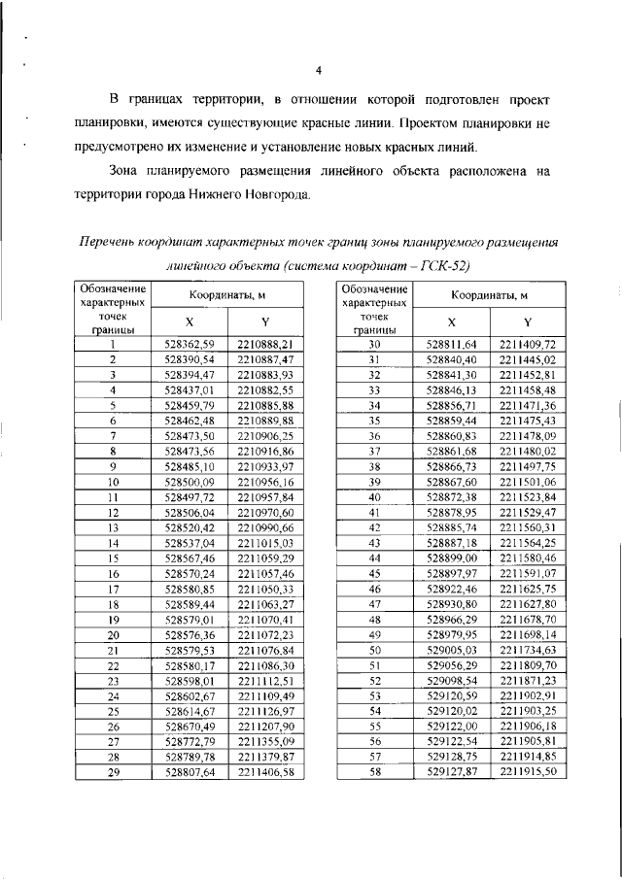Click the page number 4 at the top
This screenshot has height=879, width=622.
[x=319, y=70]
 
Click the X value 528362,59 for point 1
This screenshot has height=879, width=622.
[x=189, y=344]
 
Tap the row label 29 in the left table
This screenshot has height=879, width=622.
[x=113, y=771]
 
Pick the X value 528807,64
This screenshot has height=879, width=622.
[x=189, y=771]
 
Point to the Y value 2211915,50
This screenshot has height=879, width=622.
[x=528, y=771]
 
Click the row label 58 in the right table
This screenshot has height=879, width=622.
[x=373, y=771]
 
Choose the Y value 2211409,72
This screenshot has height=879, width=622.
[x=528, y=344]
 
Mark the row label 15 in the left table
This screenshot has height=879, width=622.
[x=113, y=558]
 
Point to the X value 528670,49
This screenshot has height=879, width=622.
[x=189, y=726]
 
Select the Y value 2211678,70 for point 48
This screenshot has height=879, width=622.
[x=528, y=619]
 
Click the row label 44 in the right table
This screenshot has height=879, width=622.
[x=373, y=558]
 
